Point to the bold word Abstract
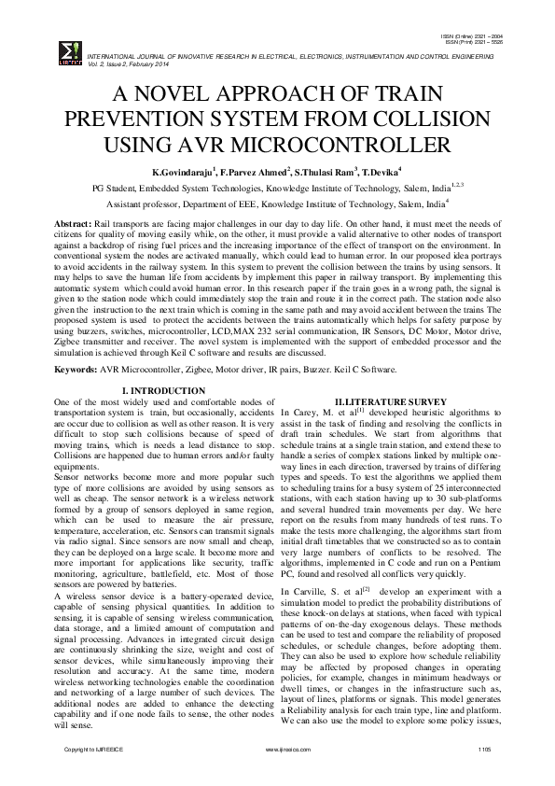pyautogui.click(x=72, y=226)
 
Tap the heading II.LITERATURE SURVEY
pyautogui.click(x=385, y=427)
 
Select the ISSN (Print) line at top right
pyautogui.click(x=465, y=40)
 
